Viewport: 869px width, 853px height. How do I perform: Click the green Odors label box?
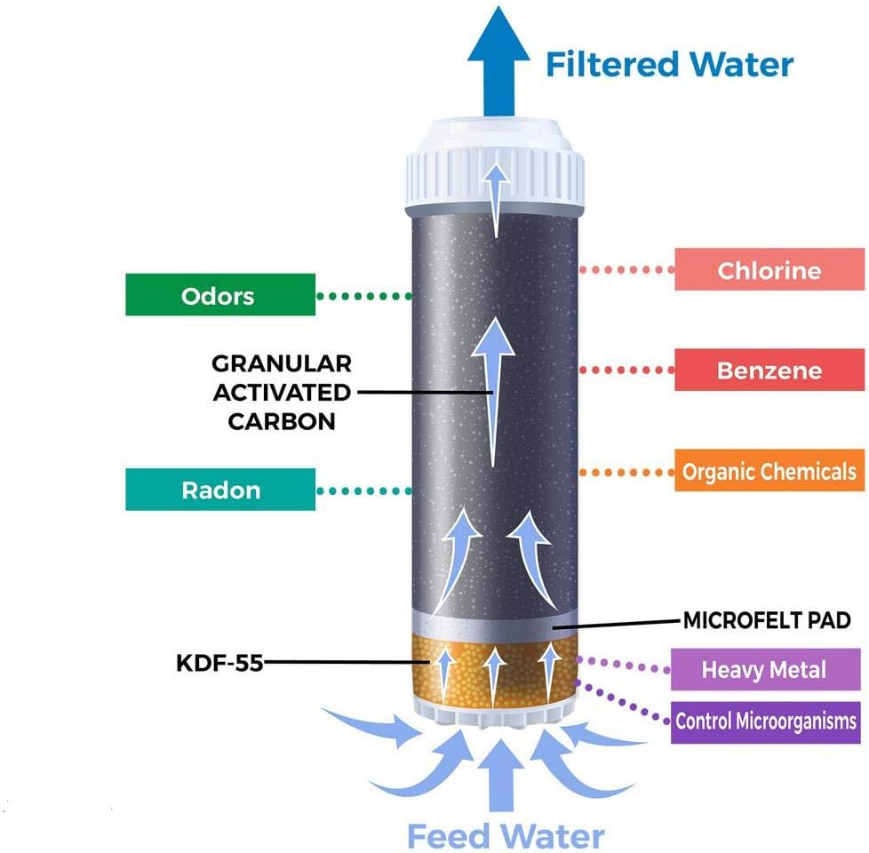pyautogui.click(x=219, y=295)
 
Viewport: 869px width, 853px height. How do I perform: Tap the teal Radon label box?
pyautogui.click(x=220, y=490)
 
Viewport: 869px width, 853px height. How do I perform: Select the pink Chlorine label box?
pyautogui.click(x=769, y=270)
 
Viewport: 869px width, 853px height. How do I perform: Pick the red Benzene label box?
pyautogui.click(x=769, y=370)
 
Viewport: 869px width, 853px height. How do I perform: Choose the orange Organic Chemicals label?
pyautogui.click(x=769, y=472)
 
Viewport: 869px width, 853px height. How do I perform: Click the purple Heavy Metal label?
pyautogui.click(x=763, y=669)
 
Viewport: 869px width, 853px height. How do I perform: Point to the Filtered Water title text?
pyautogui.click(x=669, y=65)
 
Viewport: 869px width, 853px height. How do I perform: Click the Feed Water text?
pyautogui.click(x=506, y=835)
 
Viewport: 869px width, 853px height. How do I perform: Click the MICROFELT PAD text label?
pyautogui.click(x=767, y=620)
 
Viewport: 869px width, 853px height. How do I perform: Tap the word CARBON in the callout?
pyautogui.click(x=282, y=420)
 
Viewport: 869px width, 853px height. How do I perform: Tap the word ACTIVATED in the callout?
pyautogui.click(x=282, y=392)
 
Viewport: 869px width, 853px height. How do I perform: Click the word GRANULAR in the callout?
pyautogui.click(x=282, y=363)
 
